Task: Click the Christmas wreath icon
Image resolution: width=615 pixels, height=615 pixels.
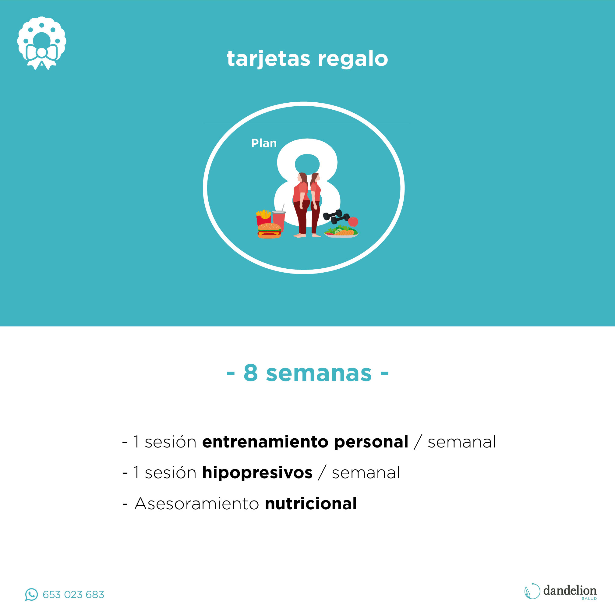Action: click(42, 43)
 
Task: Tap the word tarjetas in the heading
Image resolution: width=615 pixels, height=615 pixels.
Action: click(268, 59)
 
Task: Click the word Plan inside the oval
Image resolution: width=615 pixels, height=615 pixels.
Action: click(264, 143)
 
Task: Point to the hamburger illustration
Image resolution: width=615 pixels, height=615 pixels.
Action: click(269, 231)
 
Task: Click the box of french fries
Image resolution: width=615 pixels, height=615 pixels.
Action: click(263, 217)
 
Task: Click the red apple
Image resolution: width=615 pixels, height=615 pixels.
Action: click(353, 221)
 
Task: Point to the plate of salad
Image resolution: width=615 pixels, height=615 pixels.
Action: click(341, 232)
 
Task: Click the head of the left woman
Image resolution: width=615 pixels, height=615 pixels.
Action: click(302, 178)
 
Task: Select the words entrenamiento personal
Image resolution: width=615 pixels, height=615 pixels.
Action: click(305, 442)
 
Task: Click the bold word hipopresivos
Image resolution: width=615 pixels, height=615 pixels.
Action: click(257, 473)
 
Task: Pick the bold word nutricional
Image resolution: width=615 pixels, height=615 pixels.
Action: click(311, 504)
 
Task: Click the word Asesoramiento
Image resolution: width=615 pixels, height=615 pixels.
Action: click(197, 504)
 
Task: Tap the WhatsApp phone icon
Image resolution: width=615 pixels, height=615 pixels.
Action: click(31, 594)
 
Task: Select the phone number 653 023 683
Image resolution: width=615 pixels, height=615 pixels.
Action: click(73, 595)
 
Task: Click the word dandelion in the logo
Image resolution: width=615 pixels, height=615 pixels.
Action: click(570, 591)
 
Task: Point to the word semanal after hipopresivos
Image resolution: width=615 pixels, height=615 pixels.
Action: click(366, 473)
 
